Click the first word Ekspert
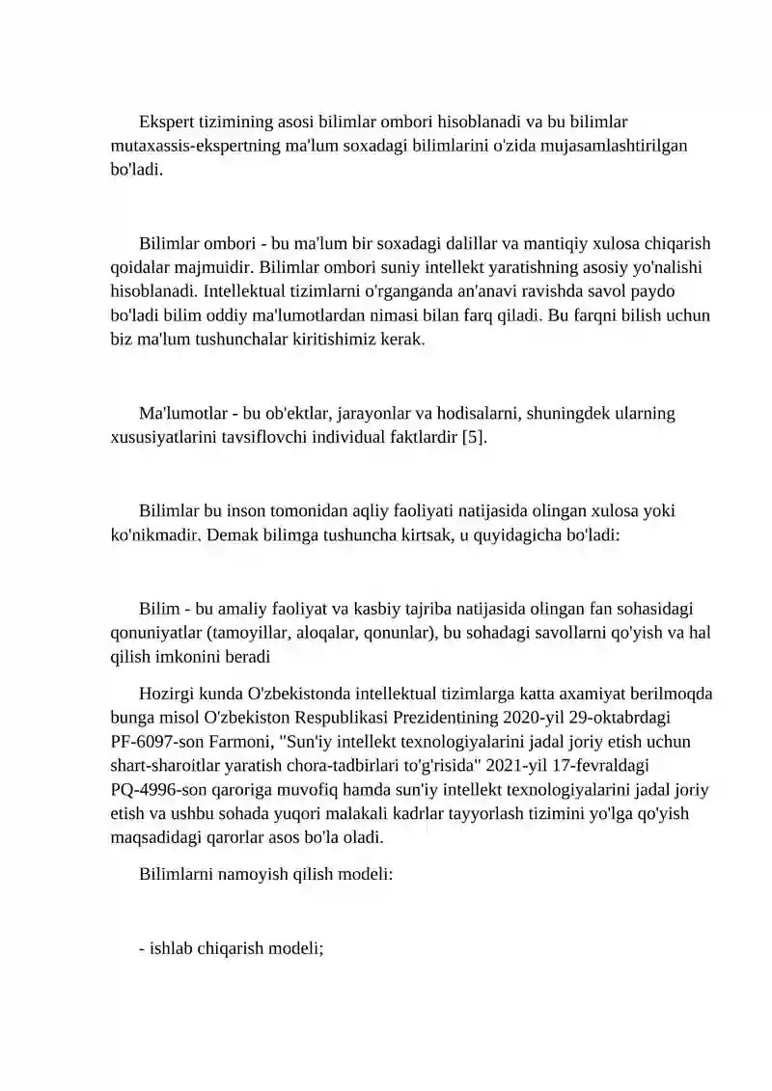(x=167, y=123)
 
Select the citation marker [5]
(x=475, y=437)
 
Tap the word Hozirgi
(x=169, y=694)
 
